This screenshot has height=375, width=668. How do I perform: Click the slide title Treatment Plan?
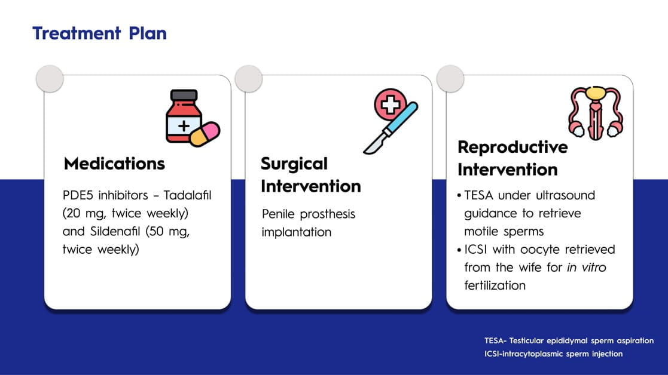(99, 33)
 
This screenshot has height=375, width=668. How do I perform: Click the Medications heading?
(114, 164)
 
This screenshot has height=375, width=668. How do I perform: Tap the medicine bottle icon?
(184, 116)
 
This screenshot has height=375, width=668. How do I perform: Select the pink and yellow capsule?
(205, 134)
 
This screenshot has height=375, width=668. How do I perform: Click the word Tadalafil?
(187, 195)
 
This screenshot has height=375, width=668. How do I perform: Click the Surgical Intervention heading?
(311, 175)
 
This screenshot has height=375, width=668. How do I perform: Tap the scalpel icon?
(391, 128)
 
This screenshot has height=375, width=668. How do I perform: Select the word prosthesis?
(328, 214)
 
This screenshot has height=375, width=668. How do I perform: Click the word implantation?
(297, 232)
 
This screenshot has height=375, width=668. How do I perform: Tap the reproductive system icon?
(596, 113)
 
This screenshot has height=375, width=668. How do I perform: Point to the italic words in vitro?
(586, 268)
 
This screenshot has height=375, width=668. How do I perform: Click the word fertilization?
(495, 285)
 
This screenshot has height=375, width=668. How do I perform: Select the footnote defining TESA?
(569, 340)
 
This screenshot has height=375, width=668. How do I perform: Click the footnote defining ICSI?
(553, 354)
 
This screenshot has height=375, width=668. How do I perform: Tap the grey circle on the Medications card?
(50, 79)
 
